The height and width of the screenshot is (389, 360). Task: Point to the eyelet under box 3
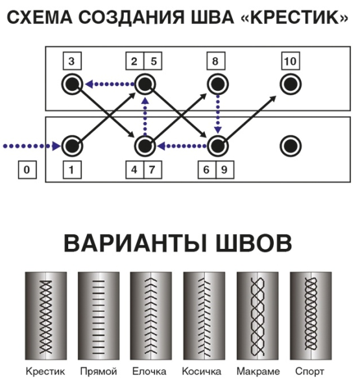(x=71, y=83)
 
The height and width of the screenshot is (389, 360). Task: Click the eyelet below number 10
(x=290, y=84)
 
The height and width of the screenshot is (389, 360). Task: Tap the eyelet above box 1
(x=71, y=145)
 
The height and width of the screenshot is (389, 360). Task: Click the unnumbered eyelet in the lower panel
(x=290, y=145)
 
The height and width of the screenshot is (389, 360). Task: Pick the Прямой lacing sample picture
(x=98, y=315)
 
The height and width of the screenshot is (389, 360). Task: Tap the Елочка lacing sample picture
(x=151, y=315)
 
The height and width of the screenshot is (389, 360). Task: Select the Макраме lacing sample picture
(x=258, y=315)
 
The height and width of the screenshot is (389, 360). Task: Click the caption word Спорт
(x=309, y=372)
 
